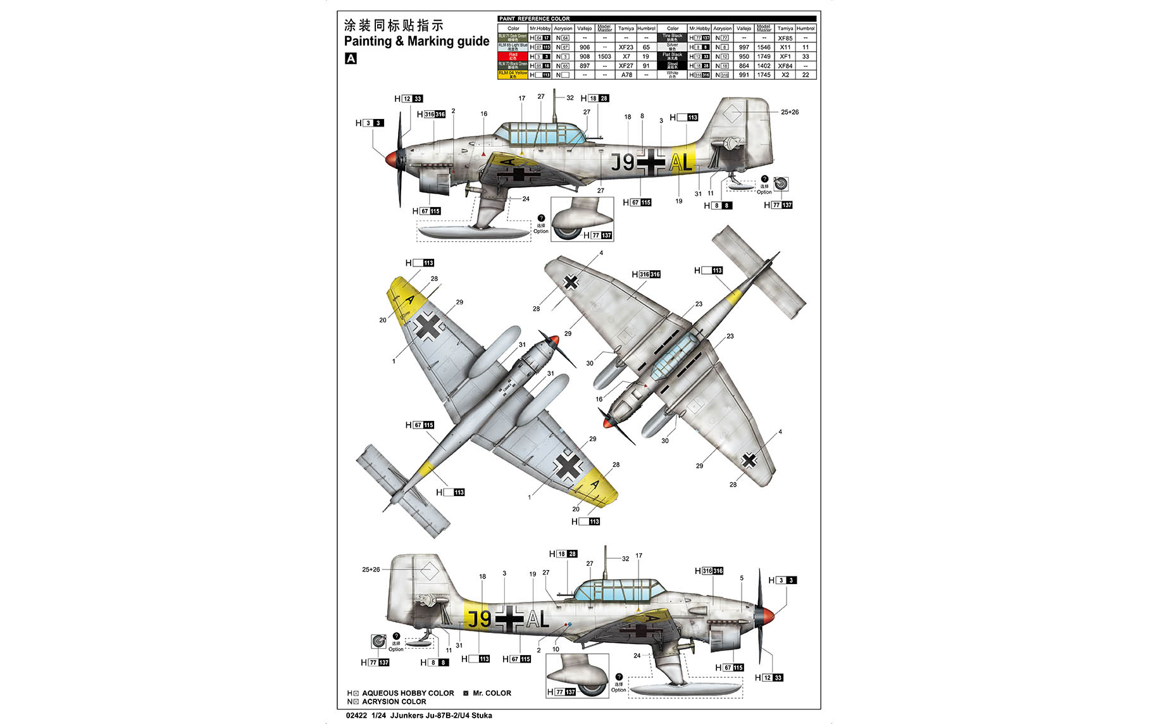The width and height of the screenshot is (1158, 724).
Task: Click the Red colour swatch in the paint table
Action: click(513, 56)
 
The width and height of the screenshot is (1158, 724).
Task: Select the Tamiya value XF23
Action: click(625, 47)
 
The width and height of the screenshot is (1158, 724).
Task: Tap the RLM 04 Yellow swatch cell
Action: click(513, 75)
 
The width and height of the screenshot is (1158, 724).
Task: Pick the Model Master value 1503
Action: click(604, 56)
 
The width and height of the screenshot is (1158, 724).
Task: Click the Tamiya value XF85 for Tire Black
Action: click(785, 38)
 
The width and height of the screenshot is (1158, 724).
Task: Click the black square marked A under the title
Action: click(351, 58)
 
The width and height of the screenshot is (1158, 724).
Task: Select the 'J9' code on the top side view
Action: click(623, 163)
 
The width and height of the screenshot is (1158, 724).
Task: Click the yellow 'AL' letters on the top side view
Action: click(681, 163)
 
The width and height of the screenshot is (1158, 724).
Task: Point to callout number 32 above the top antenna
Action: click(570, 98)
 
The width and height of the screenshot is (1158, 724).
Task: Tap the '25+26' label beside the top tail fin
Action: click(789, 112)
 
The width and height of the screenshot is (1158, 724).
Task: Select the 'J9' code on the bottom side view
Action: click(479, 619)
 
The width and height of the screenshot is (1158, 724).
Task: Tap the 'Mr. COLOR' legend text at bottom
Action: click(492, 693)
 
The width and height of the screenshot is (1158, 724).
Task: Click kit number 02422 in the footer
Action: click(356, 716)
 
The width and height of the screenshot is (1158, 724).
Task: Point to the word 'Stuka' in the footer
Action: click(481, 716)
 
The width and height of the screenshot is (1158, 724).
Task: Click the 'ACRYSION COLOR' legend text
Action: click(394, 701)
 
